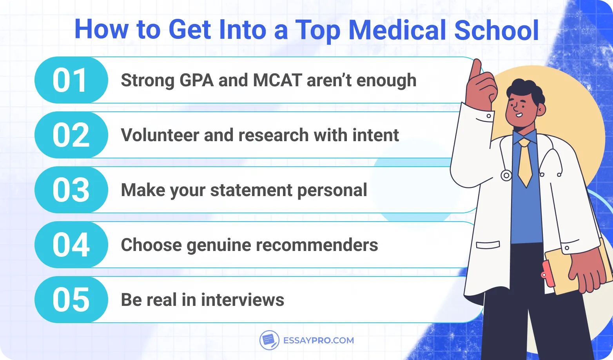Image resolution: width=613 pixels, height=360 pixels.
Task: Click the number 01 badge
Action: coord(71,80)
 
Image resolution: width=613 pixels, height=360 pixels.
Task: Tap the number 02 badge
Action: coord(71,135)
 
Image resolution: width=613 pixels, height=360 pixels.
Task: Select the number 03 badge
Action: coord(71,190)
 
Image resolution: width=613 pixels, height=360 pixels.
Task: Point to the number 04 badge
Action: coord(71,245)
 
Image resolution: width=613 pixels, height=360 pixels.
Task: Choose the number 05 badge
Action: coord(71,300)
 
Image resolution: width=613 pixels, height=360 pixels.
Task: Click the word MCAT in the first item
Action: coord(277,80)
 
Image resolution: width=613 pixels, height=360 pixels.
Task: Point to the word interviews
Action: coord(243,300)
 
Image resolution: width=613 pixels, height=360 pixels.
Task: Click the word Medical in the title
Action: coord(397,30)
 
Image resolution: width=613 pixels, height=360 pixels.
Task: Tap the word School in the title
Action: coord(497,30)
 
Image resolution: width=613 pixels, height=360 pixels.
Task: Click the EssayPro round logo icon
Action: coord(269,340)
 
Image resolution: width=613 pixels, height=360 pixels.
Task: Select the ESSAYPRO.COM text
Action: coord(318,340)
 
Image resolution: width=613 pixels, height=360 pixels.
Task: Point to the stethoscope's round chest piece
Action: coord(506,175)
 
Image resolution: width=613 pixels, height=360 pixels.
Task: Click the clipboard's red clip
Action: coord(548,274)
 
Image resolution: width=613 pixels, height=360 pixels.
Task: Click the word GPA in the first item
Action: coord(196,80)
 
